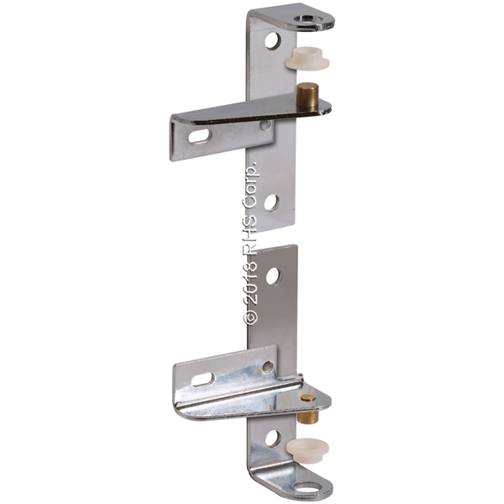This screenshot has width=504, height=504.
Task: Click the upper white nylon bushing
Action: point(307,59)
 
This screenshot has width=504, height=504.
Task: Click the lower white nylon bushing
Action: point(307,450)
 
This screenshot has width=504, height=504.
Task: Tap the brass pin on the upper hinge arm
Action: point(307,97)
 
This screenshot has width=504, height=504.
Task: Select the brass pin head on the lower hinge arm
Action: point(308,398)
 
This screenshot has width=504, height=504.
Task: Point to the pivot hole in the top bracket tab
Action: point(308,19)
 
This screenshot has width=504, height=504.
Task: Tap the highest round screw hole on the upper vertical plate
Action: point(273,41)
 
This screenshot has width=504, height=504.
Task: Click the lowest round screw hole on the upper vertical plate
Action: point(272,202)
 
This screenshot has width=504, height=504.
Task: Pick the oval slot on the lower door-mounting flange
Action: point(203,380)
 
